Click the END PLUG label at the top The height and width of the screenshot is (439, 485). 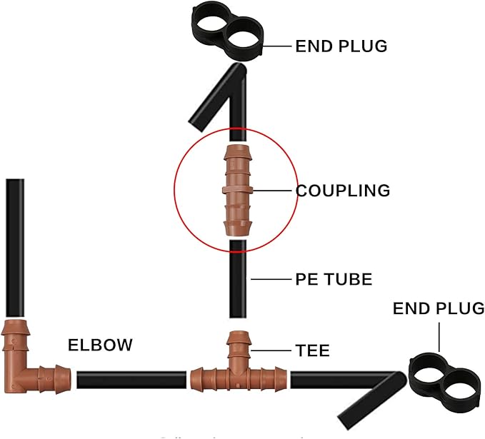coord(341,46)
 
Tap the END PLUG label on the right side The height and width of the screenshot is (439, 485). coord(438,308)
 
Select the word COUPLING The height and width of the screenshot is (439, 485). coord(343,191)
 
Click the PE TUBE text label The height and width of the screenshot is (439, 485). coord(334,278)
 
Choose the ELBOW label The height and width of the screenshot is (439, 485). coord(100,345)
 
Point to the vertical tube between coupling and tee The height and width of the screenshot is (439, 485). coord(237,286)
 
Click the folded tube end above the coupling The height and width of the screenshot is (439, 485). coord(214,100)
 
